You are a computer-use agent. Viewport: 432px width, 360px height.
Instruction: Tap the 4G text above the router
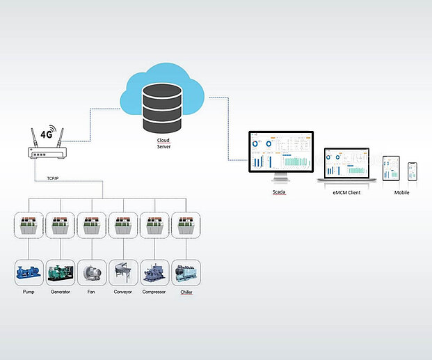tap(47, 134)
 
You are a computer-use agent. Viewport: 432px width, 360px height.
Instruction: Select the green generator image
tap(60, 273)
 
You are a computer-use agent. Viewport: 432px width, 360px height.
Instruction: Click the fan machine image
tap(91, 273)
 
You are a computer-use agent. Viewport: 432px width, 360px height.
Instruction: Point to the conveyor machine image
tap(122, 273)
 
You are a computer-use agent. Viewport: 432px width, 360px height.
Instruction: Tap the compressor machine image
tap(154, 273)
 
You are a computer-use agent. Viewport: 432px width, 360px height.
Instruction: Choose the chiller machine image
tap(186, 273)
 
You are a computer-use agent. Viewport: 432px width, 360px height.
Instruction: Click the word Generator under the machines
tap(60, 292)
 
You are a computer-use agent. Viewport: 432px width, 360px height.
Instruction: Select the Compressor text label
tap(154, 292)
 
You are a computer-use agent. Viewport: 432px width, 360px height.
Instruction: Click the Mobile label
tap(401, 192)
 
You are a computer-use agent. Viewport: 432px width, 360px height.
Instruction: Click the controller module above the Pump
tap(29, 226)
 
